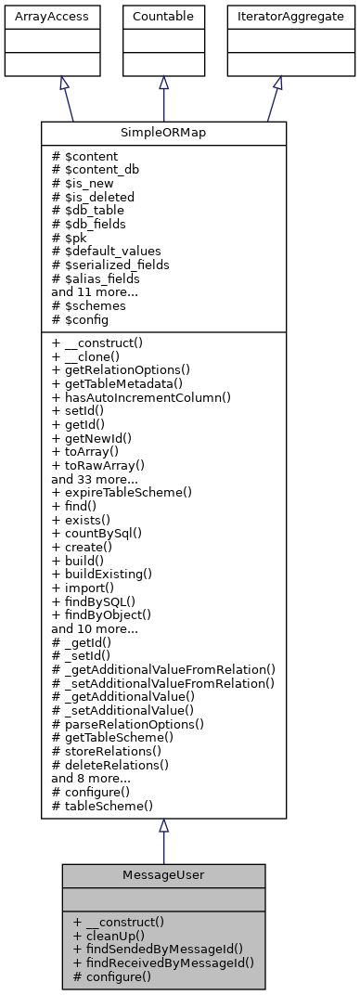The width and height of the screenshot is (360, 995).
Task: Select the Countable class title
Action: (x=163, y=16)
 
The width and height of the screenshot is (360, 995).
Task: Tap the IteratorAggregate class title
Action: (x=277, y=16)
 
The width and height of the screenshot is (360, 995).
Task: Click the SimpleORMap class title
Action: (x=163, y=134)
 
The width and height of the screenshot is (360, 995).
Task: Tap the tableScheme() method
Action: (x=103, y=806)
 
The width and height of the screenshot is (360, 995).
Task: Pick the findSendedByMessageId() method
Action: (x=157, y=949)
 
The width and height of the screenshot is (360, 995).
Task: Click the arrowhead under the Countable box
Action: (x=163, y=83)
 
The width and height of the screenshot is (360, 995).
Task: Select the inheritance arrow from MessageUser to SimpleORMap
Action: (x=163, y=841)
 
